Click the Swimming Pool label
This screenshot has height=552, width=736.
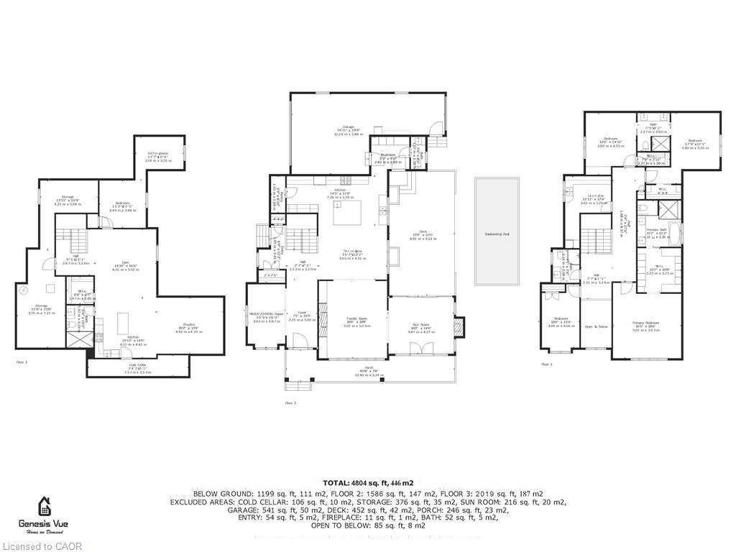(x=496, y=234)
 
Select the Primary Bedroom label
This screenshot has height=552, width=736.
(x=646, y=324)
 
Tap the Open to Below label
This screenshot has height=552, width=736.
(x=595, y=327)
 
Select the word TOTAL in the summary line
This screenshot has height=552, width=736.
(x=335, y=483)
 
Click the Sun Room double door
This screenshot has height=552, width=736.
(x=420, y=349)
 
